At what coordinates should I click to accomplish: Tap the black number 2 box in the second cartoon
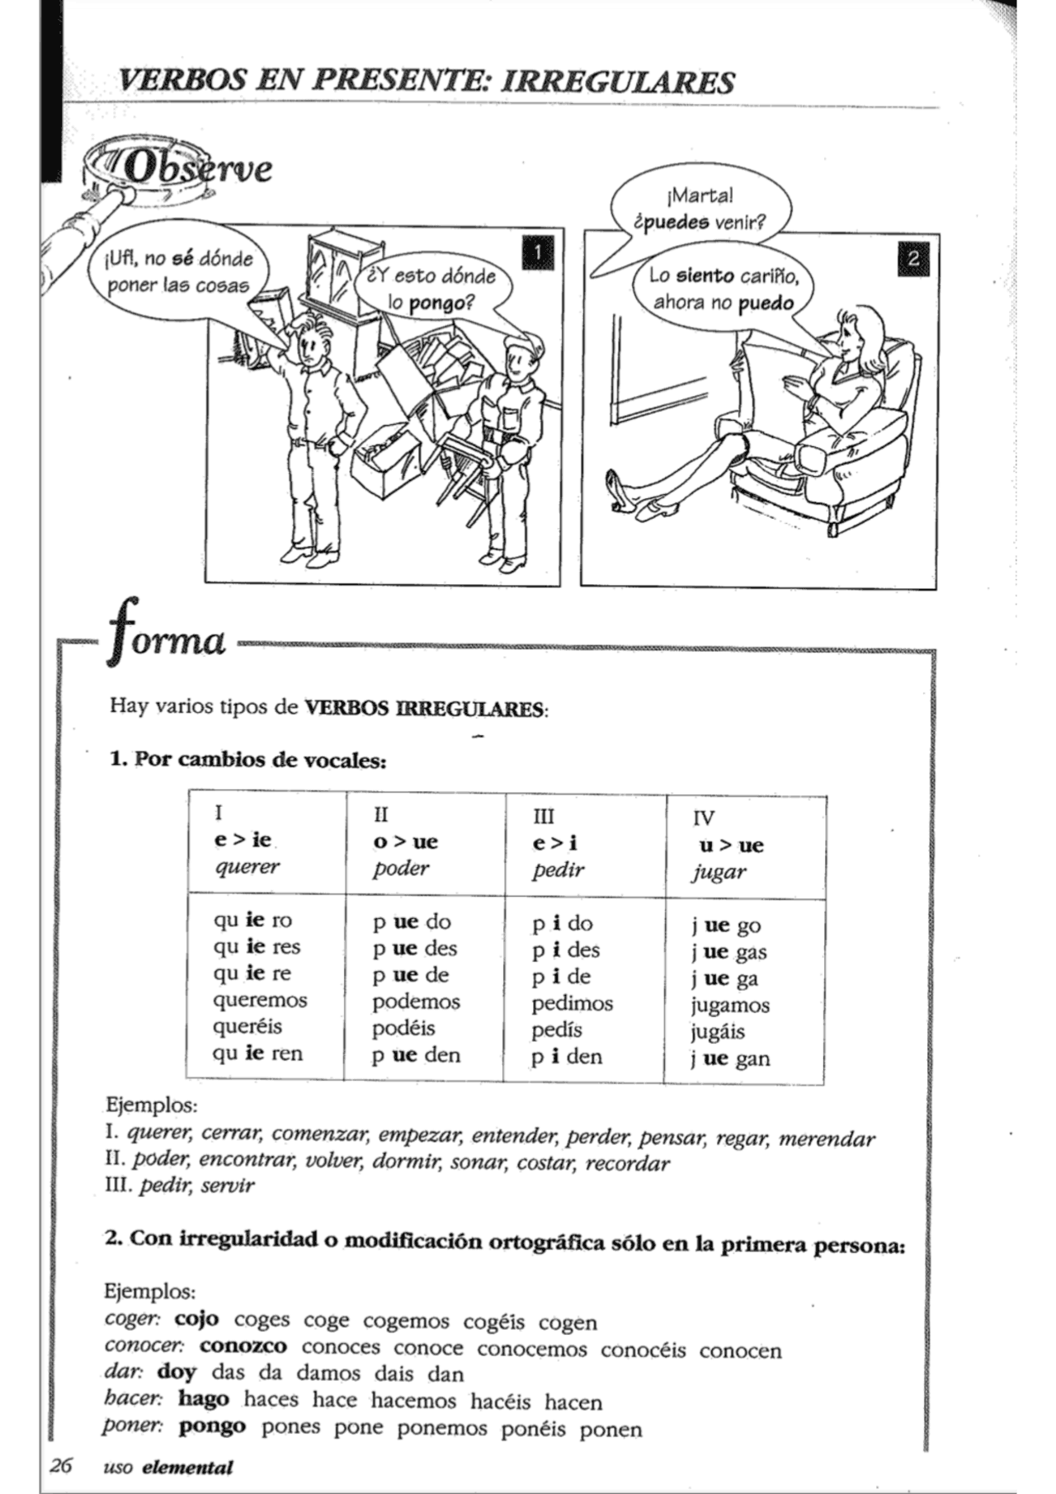(912, 258)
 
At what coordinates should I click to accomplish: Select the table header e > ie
(243, 840)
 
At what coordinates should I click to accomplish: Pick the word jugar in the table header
(719, 871)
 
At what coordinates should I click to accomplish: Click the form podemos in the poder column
(416, 1001)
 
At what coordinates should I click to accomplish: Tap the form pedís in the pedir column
(557, 1030)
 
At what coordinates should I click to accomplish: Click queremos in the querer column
(260, 1000)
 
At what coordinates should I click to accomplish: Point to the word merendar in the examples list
(826, 1139)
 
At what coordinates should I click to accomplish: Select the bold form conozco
(243, 1346)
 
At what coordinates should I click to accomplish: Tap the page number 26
(60, 1465)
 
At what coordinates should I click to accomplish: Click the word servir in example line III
(228, 1185)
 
